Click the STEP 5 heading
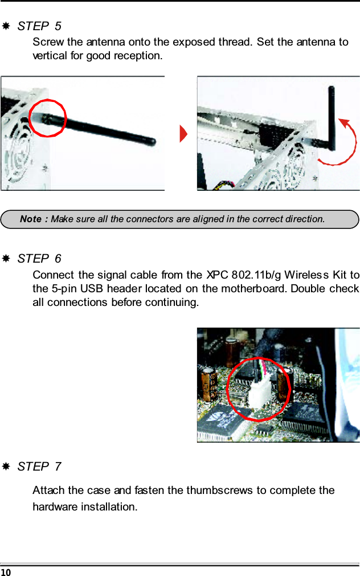pyautogui.click(x=39, y=26)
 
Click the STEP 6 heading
pyautogui.click(x=39, y=259)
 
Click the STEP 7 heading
pyautogui.click(x=39, y=467)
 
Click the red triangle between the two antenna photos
pyautogui.click(x=183, y=135)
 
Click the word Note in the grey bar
pyautogui.click(x=31, y=219)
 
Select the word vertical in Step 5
pyautogui.click(x=50, y=56)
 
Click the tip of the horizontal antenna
pyautogui.click(x=152, y=141)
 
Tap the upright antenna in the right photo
pyautogui.click(x=332, y=115)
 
